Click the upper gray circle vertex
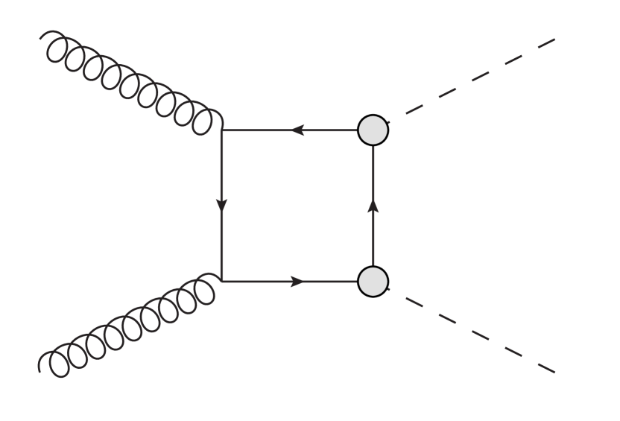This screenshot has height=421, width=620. (373, 130)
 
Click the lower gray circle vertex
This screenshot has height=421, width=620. (373, 282)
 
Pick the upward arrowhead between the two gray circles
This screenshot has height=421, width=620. (373, 203)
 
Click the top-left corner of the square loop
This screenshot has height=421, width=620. (222, 130)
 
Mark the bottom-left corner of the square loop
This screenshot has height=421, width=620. (222, 282)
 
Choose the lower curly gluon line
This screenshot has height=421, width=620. (130, 326)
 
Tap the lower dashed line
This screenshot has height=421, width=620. (473, 330)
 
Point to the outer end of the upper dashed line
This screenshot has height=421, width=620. (555, 39)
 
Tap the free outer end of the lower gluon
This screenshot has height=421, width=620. (41, 367)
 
